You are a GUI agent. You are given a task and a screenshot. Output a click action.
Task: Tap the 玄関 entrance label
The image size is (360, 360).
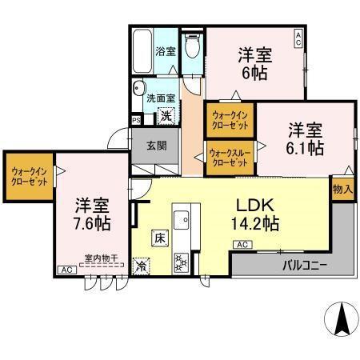[156, 146]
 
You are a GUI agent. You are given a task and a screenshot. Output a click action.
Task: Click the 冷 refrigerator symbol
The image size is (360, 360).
[142, 264]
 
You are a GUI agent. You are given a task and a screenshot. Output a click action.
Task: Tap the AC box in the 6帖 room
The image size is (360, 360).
[298, 36]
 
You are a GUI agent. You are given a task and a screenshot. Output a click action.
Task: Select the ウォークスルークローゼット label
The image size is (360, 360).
[228, 157]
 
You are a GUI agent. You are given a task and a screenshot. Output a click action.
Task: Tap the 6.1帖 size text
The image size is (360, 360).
[306, 149]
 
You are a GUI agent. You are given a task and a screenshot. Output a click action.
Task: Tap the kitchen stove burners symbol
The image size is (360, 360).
[180, 260]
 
